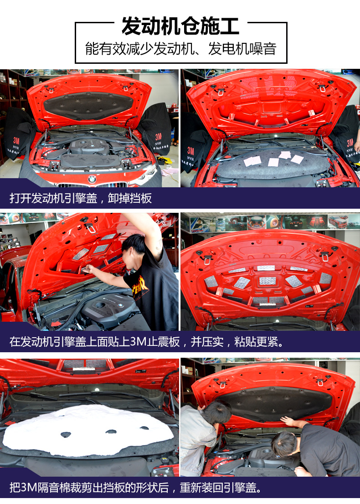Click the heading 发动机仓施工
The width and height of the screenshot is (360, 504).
(180, 26)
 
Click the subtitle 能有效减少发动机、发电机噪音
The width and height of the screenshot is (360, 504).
(180, 49)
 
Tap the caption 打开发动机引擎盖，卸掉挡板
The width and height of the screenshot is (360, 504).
(80, 198)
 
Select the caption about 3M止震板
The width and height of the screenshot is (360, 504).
(147, 341)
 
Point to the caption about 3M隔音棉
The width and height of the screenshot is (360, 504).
(135, 488)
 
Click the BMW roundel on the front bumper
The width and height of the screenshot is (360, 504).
(92, 179)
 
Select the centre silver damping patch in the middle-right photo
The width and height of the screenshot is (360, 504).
(267, 281)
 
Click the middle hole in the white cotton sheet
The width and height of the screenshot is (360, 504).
(111, 432)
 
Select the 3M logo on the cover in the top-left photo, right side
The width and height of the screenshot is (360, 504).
(159, 137)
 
